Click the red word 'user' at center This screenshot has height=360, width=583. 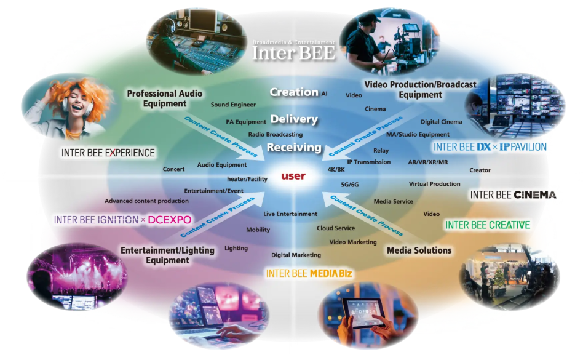point(293,176)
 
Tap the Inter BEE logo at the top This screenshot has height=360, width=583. point(295,52)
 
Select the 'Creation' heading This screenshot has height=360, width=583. point(294,92)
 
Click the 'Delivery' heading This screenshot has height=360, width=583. point(294,119)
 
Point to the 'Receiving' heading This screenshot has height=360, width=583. point(294,148)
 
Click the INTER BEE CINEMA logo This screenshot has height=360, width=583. point(513,195)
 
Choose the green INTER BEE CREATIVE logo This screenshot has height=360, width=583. point(488,225)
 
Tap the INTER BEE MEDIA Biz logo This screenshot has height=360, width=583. point(309,273)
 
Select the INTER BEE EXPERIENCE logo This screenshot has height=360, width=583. point(108,153)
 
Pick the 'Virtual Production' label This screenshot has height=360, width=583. point(435,184)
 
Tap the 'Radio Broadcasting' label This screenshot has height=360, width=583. point(276,134)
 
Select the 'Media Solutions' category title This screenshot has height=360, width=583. point(419,250)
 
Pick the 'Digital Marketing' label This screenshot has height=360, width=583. point(296,255)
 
